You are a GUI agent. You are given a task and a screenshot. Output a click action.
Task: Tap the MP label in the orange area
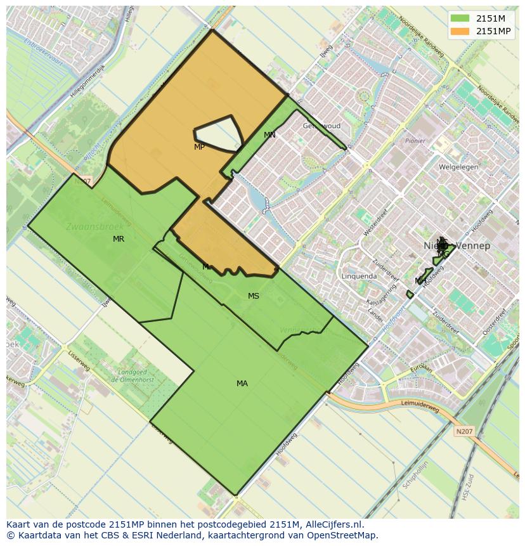(199, 147)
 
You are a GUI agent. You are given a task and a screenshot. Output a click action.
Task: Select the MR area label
(119, 239)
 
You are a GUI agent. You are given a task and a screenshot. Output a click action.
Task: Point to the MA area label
(242, 384)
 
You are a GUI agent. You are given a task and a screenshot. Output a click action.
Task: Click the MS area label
(254, 296)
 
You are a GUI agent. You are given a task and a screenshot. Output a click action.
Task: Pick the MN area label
(269, 135)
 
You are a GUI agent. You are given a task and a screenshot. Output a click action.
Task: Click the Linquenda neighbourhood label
(359, 276)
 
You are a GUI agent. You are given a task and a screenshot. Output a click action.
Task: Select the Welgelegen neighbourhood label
(458, 167)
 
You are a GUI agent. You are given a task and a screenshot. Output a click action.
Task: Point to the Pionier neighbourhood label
(415, 141)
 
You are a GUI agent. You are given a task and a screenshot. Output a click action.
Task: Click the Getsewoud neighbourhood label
(321, 126)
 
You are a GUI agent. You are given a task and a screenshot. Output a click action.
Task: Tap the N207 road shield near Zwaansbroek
(82, 181)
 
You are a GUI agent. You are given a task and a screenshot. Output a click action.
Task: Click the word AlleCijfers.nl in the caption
(332, 525)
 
